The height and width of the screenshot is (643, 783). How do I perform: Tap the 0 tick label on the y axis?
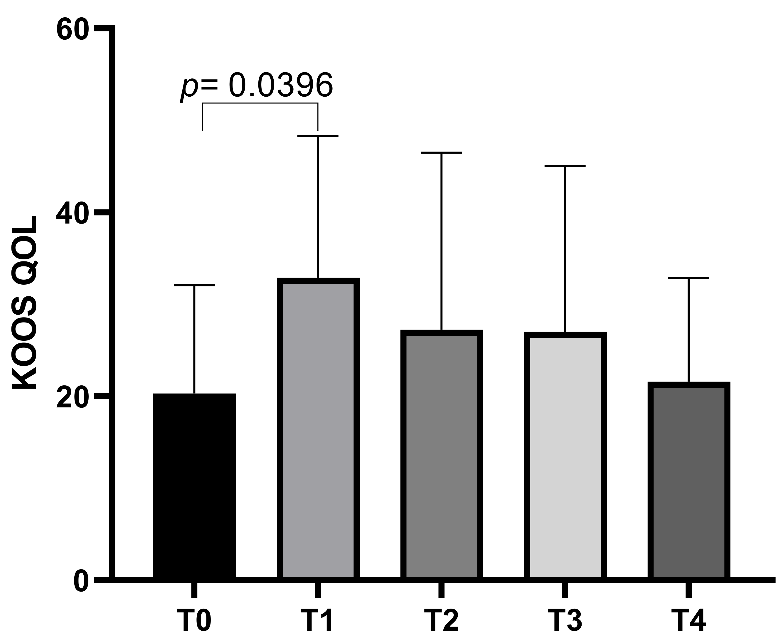[81, 582]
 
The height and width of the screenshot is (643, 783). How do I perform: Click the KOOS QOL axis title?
[24, 302]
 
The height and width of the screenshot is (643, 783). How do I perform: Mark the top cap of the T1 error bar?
[318, 136]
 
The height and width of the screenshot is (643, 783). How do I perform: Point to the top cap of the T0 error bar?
[194, 285]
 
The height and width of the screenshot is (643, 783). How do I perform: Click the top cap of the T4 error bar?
[688, 278]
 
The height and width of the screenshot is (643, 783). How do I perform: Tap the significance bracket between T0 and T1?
[260, 103]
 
